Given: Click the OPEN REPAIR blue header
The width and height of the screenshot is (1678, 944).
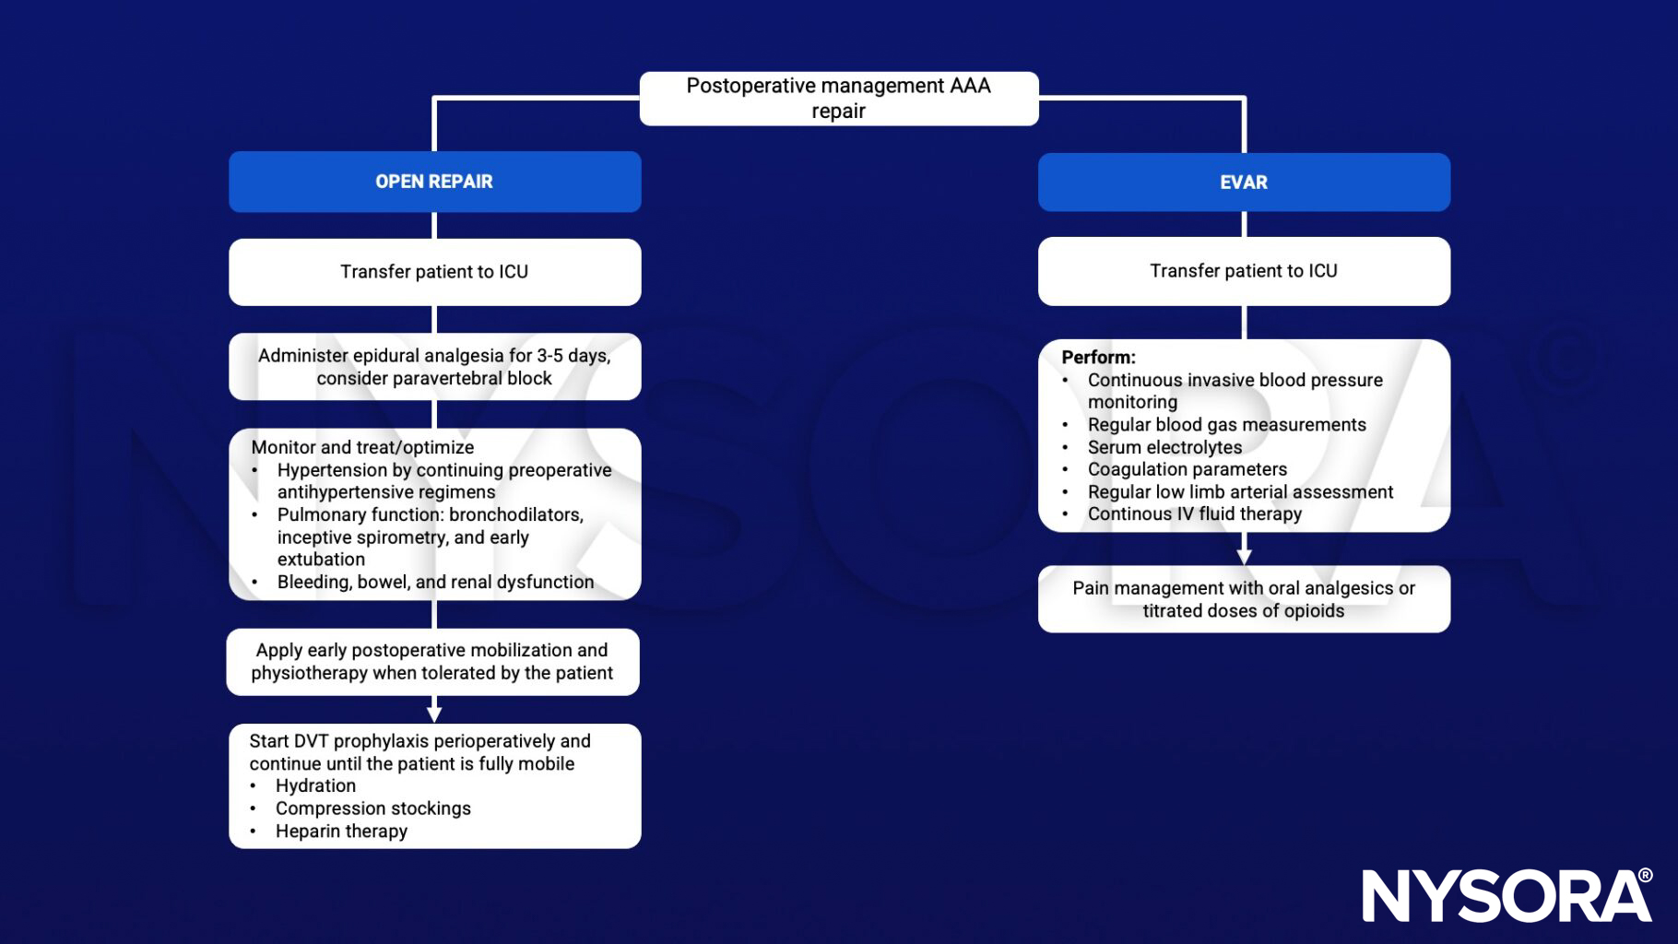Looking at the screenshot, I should coord(434,182).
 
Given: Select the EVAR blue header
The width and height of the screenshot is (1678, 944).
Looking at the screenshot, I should coord(1243,183).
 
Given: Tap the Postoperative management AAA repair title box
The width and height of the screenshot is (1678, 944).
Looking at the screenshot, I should coord(838,99).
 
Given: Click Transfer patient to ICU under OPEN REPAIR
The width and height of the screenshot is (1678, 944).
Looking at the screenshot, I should coord(434,272).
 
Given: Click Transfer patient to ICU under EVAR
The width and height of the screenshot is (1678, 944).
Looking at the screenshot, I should coord(1243,271).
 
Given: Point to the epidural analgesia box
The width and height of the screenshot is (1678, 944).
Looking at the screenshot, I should coord(434,367).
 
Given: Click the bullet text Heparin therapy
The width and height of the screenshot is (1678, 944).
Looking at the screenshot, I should coord(341,831).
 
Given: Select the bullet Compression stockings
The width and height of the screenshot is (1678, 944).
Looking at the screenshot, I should coord(372,808).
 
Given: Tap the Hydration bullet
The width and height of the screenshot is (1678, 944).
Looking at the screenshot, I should coord(315,785).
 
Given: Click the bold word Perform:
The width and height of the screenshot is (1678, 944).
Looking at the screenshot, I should coord(1098,358).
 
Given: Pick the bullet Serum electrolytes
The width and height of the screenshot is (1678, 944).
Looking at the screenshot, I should coord(1164,447).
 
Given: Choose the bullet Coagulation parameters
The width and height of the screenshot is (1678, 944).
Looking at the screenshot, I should coord(1187,469).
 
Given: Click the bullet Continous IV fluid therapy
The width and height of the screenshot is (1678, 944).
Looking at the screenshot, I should coord(1194,514).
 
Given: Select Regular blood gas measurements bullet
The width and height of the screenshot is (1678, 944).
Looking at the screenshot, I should coord(1226,425).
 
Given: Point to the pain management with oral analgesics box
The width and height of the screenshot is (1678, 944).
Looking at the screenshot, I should coord(1243,599).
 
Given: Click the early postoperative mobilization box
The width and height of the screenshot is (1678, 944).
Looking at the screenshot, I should coord(432,662).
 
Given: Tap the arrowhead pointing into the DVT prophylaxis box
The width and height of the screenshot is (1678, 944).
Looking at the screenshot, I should coord(434,714).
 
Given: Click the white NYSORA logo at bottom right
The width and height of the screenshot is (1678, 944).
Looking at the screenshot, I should coord(1507,895).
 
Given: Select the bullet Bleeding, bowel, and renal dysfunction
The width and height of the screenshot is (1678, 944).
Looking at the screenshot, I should coord(435,582).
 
